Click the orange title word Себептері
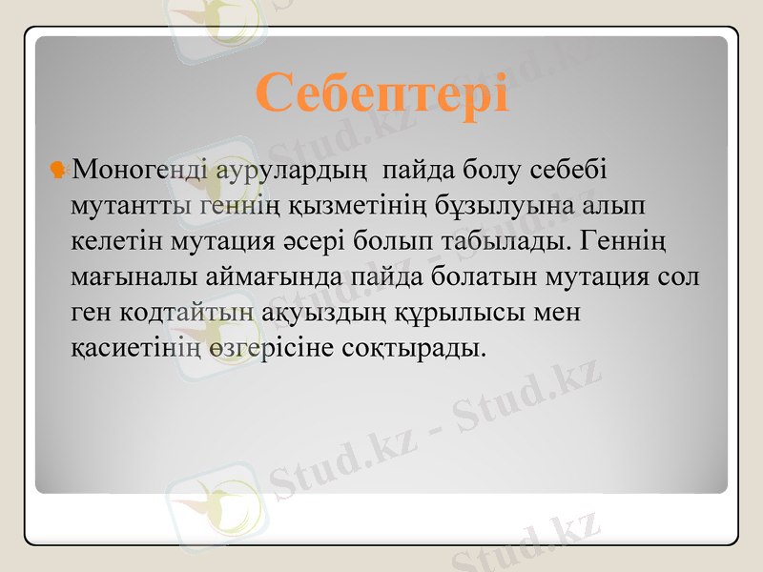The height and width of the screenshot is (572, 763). (x=381, y=92)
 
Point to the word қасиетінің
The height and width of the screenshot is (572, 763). (x=133, y=348)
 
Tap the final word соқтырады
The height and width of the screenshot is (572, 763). (x=413, y=348)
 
